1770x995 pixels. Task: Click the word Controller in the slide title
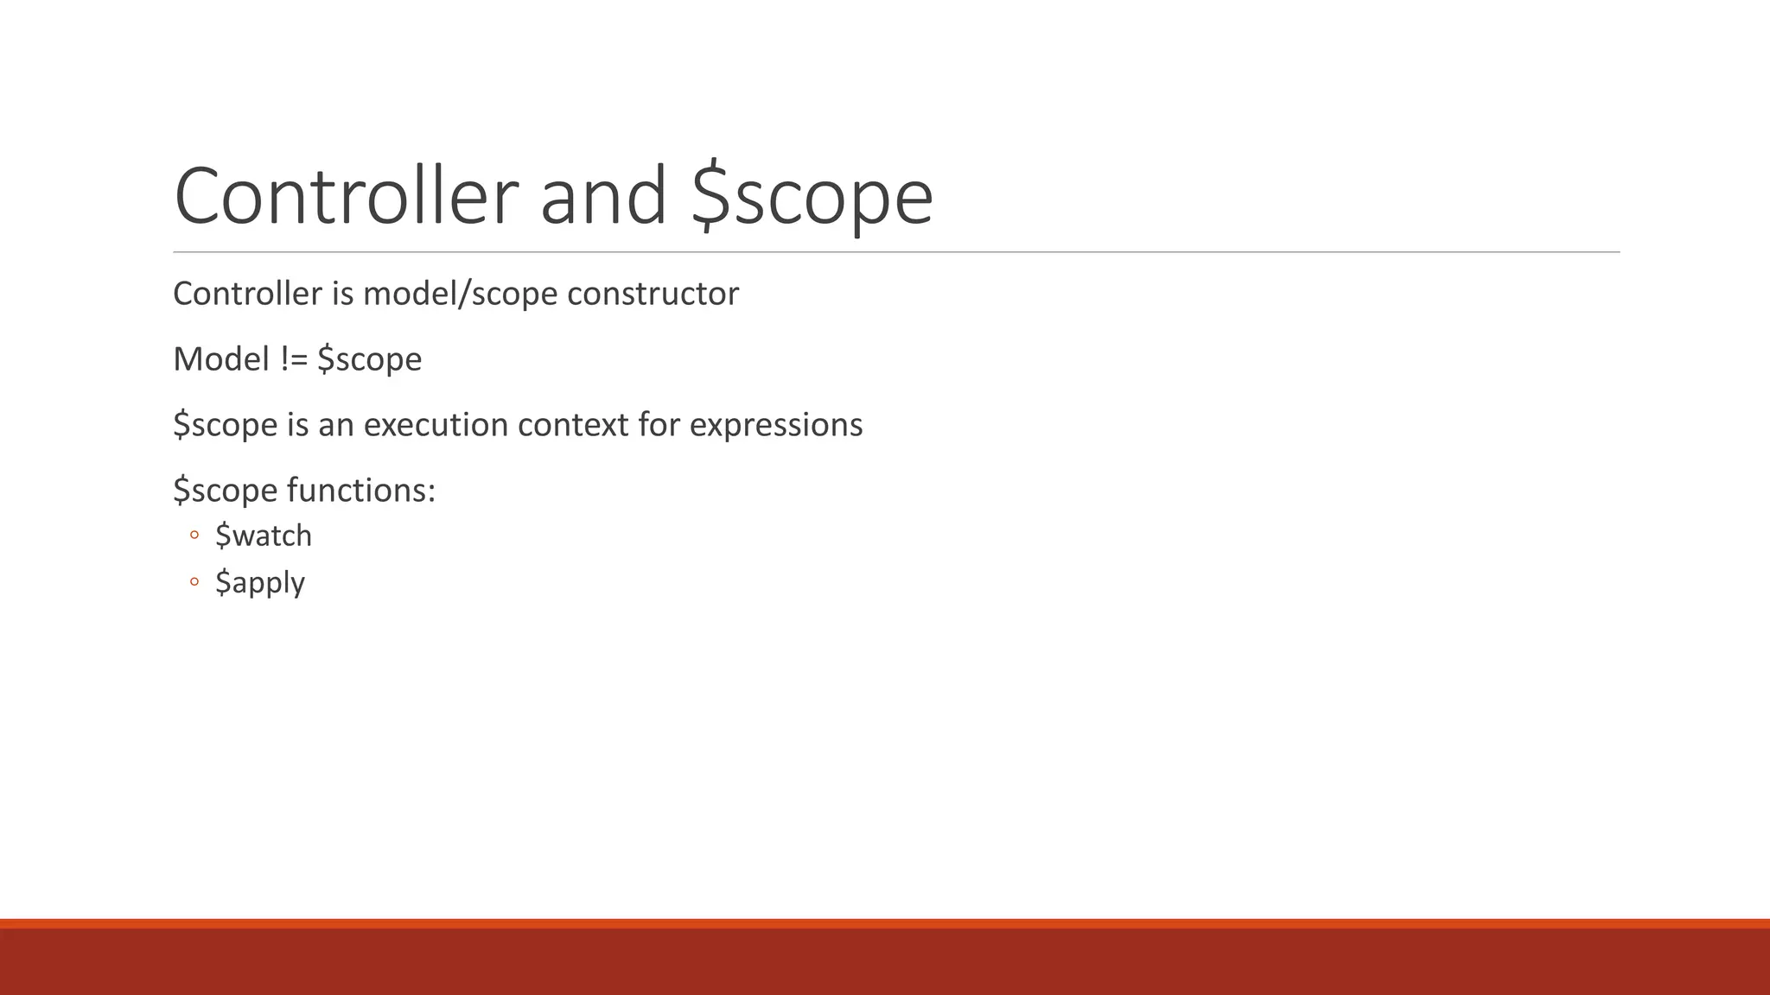coord(346,197)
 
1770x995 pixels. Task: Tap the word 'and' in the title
coord(603,197)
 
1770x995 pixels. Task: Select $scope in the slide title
coord(812,197)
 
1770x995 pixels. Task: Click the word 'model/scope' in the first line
coord(461,295)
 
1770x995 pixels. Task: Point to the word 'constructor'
coord(653,295)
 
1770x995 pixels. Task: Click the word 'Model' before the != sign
coord(221,359)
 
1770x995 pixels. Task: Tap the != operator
coord(295,359)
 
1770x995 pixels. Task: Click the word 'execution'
coord(436,425)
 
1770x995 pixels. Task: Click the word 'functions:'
coord(361,491)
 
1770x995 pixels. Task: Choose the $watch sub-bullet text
coord(264,536)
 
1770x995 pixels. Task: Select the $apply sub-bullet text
coord(260,583)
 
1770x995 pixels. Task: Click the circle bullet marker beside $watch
coord(194,536)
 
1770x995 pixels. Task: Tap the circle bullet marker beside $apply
coord(194,582)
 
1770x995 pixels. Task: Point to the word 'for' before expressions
coord(659,425)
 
